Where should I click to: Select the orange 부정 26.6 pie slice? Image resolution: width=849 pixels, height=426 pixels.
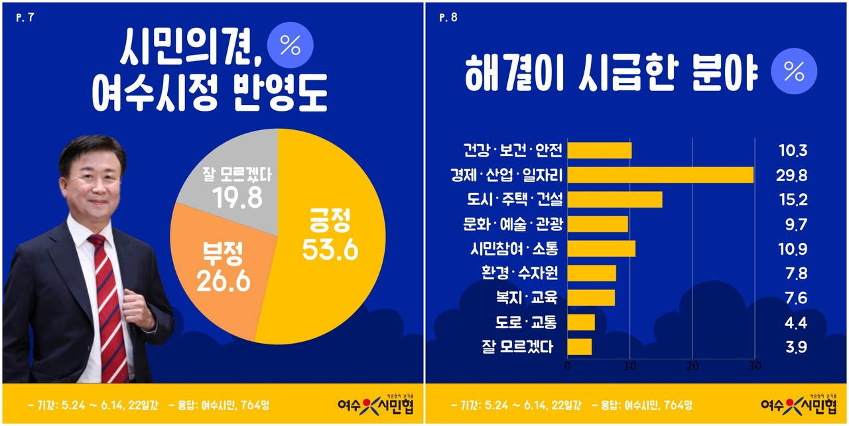coord(219,265)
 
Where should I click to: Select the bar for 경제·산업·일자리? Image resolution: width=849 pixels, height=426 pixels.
coord(661,175)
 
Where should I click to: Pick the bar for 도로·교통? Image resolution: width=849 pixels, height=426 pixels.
coord(581,322)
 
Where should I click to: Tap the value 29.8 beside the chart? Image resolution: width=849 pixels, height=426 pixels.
coord(793,175)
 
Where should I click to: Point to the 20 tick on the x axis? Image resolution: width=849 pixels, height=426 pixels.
coord(692,366)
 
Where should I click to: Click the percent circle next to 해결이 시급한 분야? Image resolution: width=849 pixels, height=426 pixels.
coord(793,71)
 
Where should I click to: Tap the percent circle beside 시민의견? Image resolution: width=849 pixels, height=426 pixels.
coord(289,45)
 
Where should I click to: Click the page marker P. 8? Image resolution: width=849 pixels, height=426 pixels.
coord(448,18)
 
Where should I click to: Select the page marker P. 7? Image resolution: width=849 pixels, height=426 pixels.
coord(25,18)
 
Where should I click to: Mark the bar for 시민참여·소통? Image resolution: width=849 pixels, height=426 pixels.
coord(602,249)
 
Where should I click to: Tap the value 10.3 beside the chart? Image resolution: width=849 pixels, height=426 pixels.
coord(793,151)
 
